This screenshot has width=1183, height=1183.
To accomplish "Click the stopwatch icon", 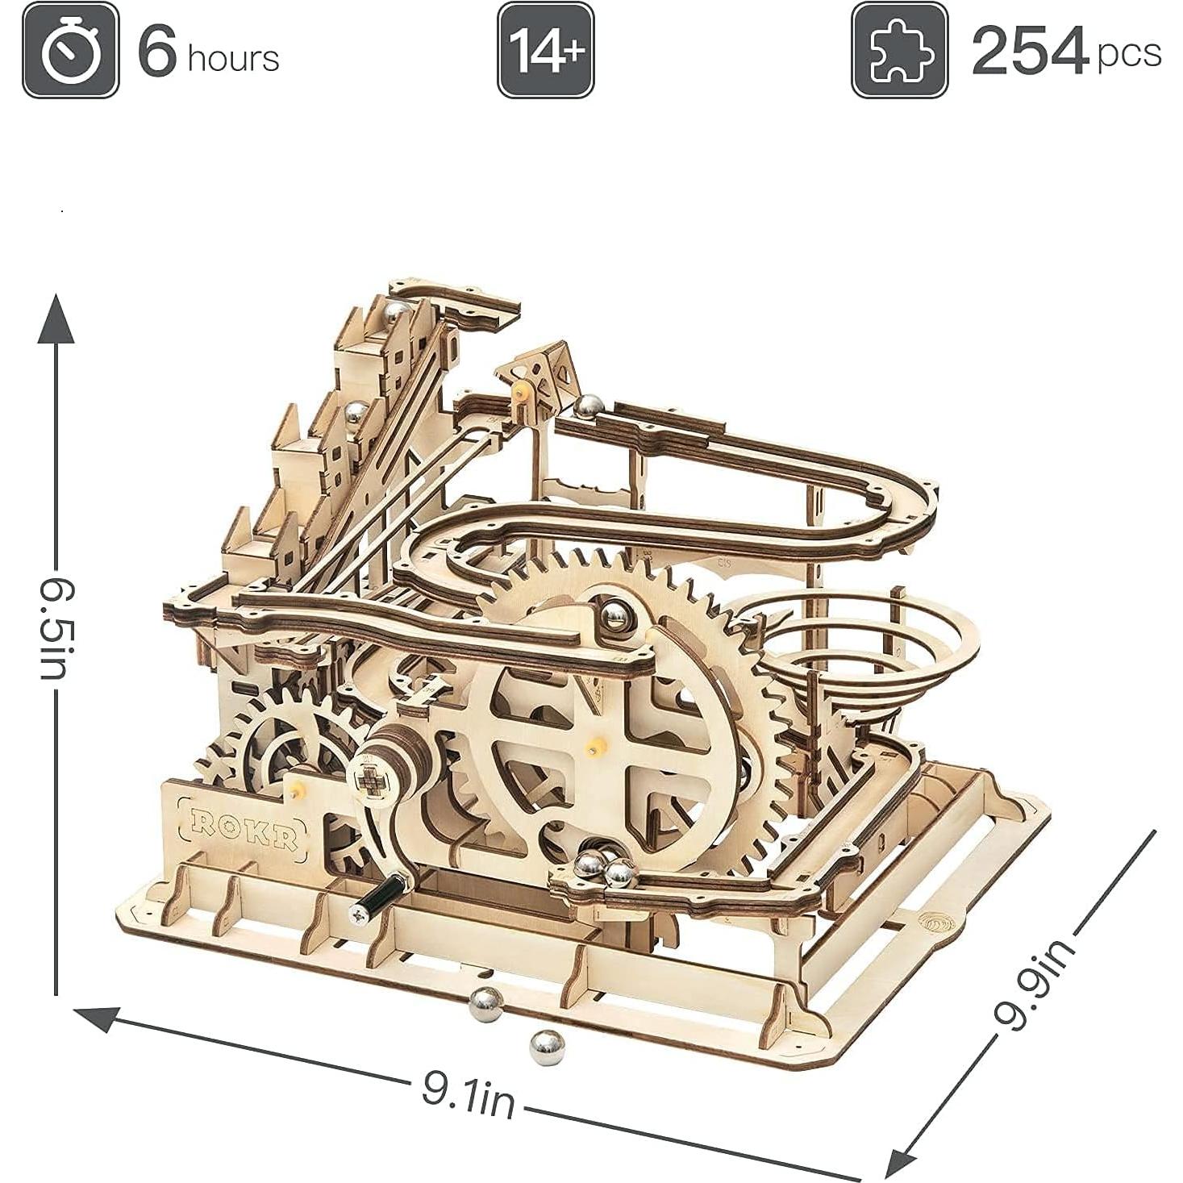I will [x=71, y=50].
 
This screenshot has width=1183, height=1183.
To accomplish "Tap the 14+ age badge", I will [x=545, y=50].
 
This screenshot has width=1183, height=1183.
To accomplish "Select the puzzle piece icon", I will [x=900, y=50].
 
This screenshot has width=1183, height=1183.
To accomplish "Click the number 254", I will [x=1030, y=52].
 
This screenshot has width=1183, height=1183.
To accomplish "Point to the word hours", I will [x=233, y=59].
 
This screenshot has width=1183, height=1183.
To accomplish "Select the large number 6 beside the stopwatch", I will [x=157, y=50].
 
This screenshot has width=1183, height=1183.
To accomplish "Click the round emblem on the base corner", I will [x=935, y=923].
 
